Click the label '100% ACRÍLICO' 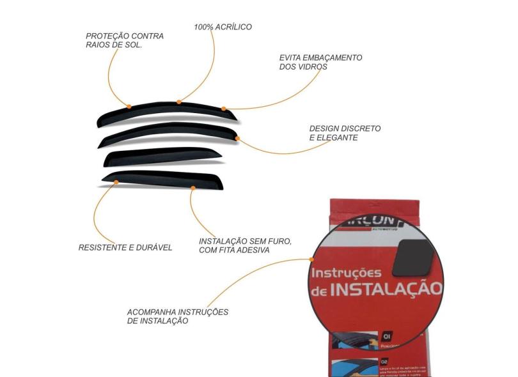coord(223,27)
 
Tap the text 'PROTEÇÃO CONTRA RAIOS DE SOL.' coord(125,41)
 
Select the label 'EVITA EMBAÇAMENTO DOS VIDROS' coord(320,62)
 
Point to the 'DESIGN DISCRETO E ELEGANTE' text coord(345,133)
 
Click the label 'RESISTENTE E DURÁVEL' coord(125,247)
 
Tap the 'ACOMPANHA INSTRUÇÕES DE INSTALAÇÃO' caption coord(178,316)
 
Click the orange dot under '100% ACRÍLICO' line coord(180,102)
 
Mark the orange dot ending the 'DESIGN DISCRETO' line coord(237,138)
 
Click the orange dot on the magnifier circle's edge coord(311,259)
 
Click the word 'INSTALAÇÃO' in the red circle coord(387,289)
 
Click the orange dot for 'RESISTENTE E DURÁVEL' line coord(116,183)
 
